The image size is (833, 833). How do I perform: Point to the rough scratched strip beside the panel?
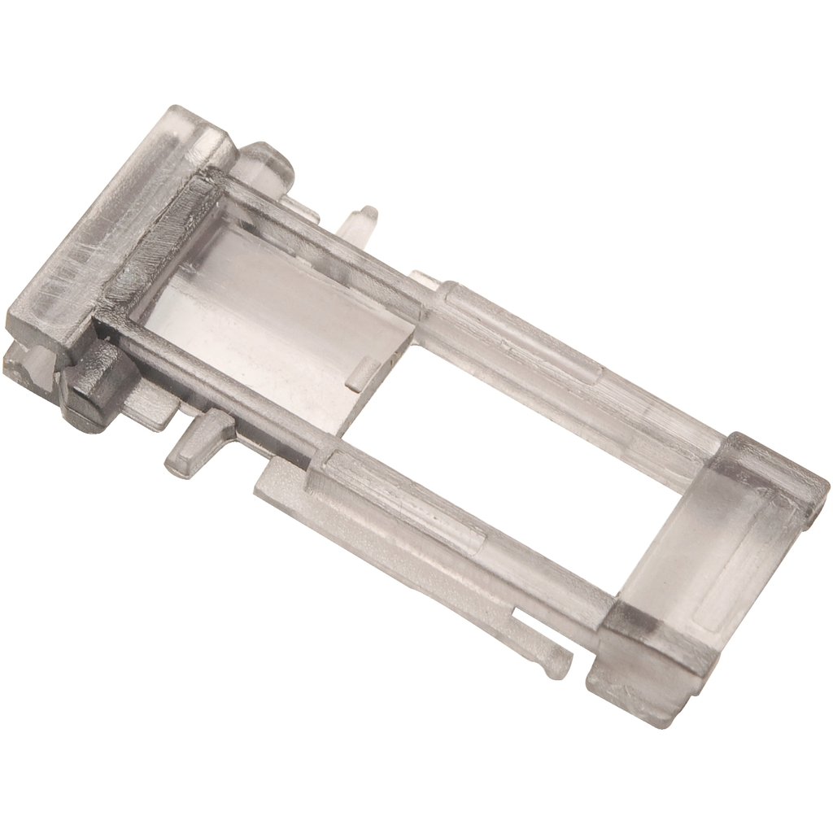(x=155, y=252)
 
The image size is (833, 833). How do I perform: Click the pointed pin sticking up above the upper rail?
(x=362, y=224)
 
